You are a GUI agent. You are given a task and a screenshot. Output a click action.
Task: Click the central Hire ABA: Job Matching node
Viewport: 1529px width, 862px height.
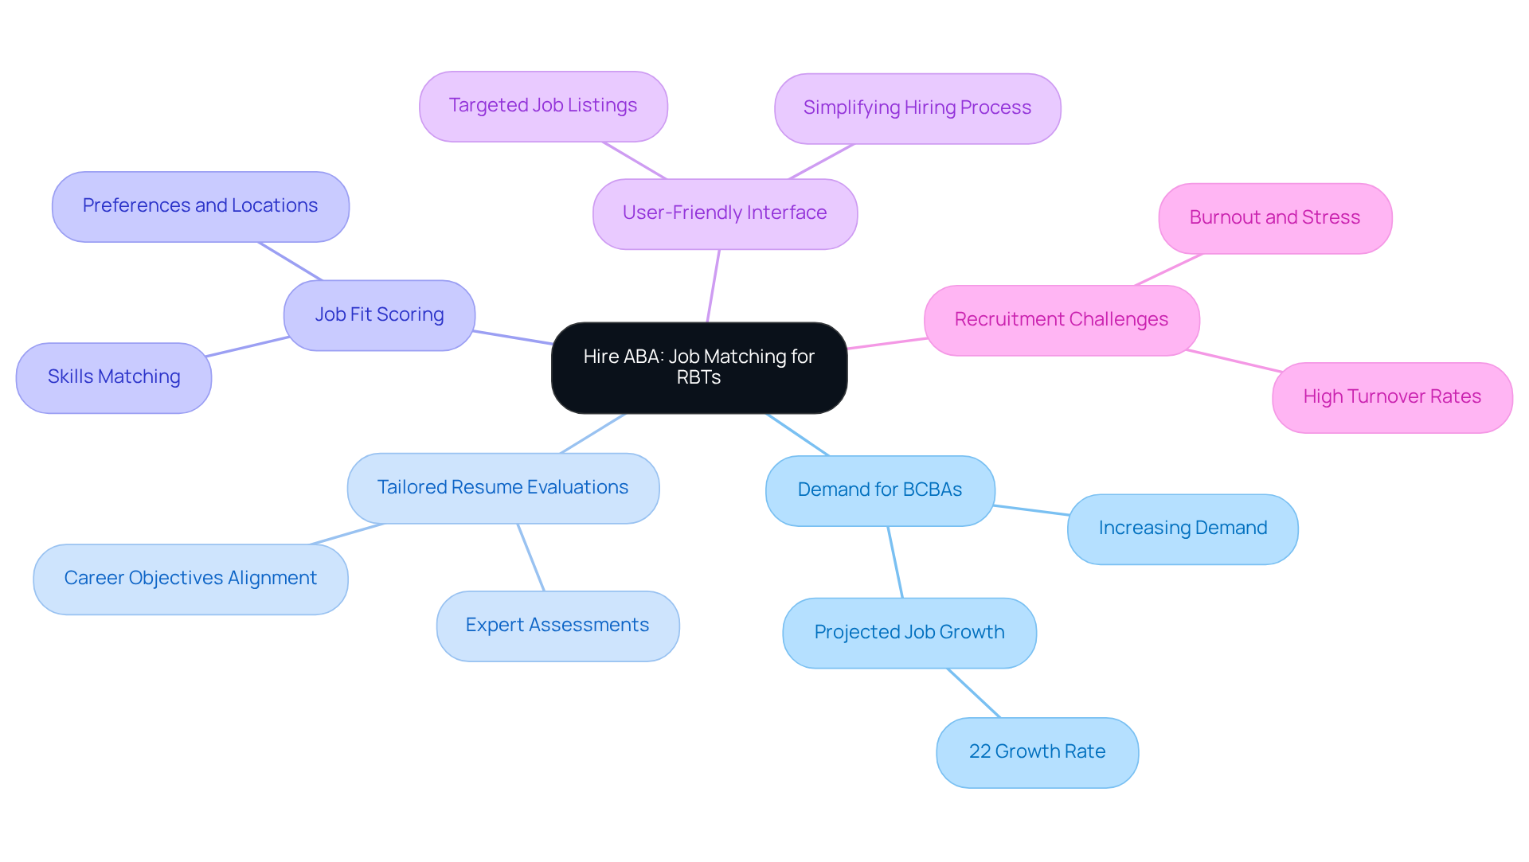click(x=698, y=368)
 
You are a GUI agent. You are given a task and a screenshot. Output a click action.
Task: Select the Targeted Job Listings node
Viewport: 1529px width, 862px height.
click(x=543, y=107)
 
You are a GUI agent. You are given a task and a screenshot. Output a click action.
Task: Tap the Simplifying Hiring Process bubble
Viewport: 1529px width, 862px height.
click(x=917, y=109)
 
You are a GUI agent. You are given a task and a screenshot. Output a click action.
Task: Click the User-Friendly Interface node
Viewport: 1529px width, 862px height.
click(x=725, y=214)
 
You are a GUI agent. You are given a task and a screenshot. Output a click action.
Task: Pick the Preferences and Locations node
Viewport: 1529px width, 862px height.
click(x=200, y=207)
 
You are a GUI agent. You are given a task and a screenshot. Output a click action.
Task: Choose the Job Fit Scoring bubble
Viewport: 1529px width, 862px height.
click(x=379, y=315)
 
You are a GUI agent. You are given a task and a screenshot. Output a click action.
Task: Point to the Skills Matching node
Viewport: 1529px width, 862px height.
click(x=114, y=378)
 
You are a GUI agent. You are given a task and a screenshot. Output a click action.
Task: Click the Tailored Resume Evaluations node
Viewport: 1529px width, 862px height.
click(x=502, y=488)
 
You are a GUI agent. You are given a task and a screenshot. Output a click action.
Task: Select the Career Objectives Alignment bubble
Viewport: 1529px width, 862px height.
click(x=190, y=579)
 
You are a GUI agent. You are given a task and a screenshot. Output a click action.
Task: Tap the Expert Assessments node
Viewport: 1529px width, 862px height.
click(x=557, y=626)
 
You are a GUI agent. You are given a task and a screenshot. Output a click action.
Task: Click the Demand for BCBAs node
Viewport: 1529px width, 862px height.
click(x=880, y=491)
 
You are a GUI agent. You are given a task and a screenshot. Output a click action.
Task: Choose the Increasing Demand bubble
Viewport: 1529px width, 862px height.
click(x=1183, y=529)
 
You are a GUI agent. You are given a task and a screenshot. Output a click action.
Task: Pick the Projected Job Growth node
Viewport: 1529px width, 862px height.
click(x=909, y=634)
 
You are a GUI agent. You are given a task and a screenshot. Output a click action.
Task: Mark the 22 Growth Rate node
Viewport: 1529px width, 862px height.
click(x=1037, y=753)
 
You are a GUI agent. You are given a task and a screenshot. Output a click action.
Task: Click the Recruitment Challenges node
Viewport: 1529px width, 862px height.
click(x=1062, y=321)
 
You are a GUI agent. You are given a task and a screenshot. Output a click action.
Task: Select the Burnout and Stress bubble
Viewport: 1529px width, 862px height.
click(x=1275, y=219)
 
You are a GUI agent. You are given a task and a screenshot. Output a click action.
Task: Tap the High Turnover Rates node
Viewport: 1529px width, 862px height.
click(x=1392, y=398)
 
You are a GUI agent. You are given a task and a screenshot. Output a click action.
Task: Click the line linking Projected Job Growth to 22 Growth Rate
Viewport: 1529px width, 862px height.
click(x=973, y=692)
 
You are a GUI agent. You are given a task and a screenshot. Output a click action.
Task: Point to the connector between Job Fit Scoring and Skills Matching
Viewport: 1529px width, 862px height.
click(x=248, y=346)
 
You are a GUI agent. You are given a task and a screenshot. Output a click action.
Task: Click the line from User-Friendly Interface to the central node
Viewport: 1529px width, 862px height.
click(x=714, y=286)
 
